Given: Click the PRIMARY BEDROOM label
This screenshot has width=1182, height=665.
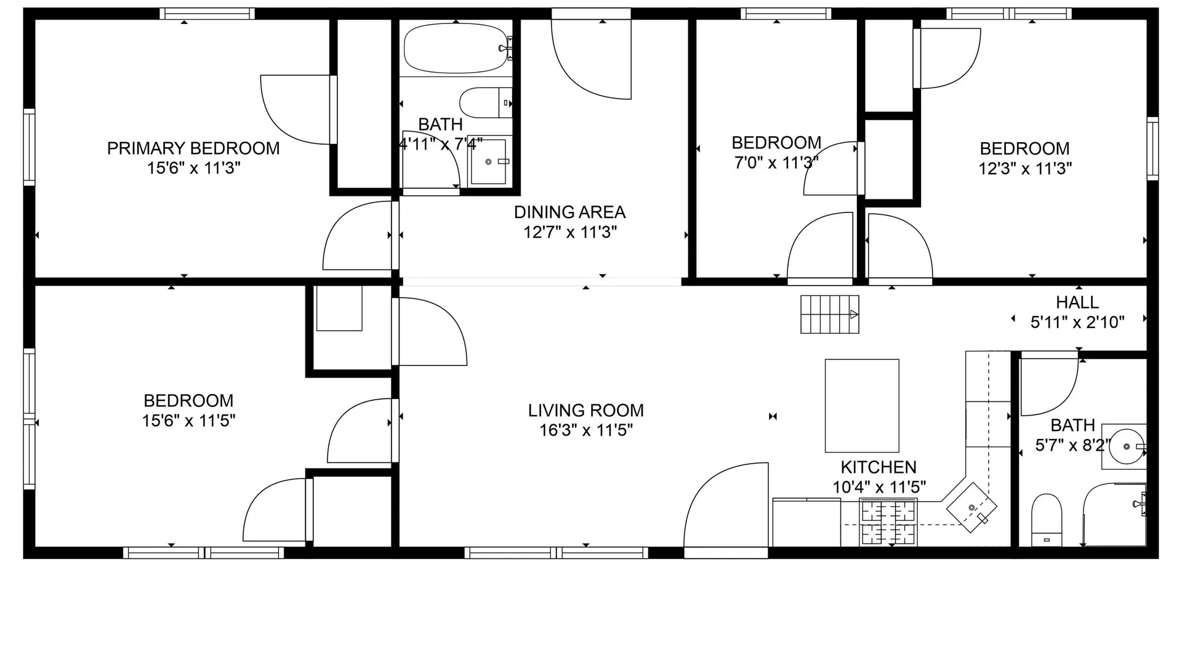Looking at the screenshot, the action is tap(193, 148).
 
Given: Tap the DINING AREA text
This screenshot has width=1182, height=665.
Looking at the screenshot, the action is tap(570, 212).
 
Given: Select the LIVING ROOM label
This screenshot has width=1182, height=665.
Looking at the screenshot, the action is tap(586, 411).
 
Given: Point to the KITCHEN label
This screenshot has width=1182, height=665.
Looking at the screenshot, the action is tap(878, 467).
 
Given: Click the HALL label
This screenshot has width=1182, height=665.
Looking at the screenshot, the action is tap(1077, 302).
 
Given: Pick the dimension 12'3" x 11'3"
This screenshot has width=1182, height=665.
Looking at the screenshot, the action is tap(1026, 168).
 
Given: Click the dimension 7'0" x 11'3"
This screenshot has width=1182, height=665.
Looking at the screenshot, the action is tap(776, 163).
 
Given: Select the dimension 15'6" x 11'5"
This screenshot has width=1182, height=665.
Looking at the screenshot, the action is tap(189, 421).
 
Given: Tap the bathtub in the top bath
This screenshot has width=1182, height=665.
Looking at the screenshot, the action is tap(456, 48).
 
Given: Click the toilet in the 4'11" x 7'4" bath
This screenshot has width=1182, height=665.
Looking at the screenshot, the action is tap(486, 102).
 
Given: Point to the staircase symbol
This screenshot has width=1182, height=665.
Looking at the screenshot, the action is tap(830, 314).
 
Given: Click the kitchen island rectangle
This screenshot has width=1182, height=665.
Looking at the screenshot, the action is tap(862, 406).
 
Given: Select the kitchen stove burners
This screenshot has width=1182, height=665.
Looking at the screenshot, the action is tap(889, 523).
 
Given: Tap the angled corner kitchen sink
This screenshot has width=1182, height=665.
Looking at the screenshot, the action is tap(971, 507).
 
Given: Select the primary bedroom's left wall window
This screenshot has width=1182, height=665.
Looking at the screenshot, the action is tap(29, 147).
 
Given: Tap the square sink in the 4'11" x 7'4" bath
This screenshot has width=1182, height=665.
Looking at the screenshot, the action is tap(489, 161).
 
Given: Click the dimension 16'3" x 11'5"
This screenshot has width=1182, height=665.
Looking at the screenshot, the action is tap(586, 430).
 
